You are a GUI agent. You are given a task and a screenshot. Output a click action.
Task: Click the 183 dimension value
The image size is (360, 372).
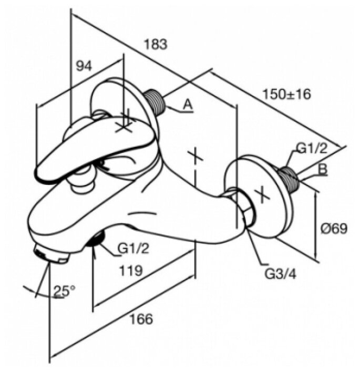(x=157, y=44)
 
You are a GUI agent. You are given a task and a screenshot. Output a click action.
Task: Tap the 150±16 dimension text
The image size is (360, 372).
(x=286, y=94)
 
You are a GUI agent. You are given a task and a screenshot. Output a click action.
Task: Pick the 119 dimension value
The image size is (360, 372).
(x=128, y=271)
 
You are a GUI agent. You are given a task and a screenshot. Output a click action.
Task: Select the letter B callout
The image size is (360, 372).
(x=324, y=170)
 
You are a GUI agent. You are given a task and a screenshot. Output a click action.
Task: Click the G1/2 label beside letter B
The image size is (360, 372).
(x=312, y=149)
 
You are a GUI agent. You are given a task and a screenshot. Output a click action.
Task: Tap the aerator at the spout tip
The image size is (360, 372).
(x=51, y=255)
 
